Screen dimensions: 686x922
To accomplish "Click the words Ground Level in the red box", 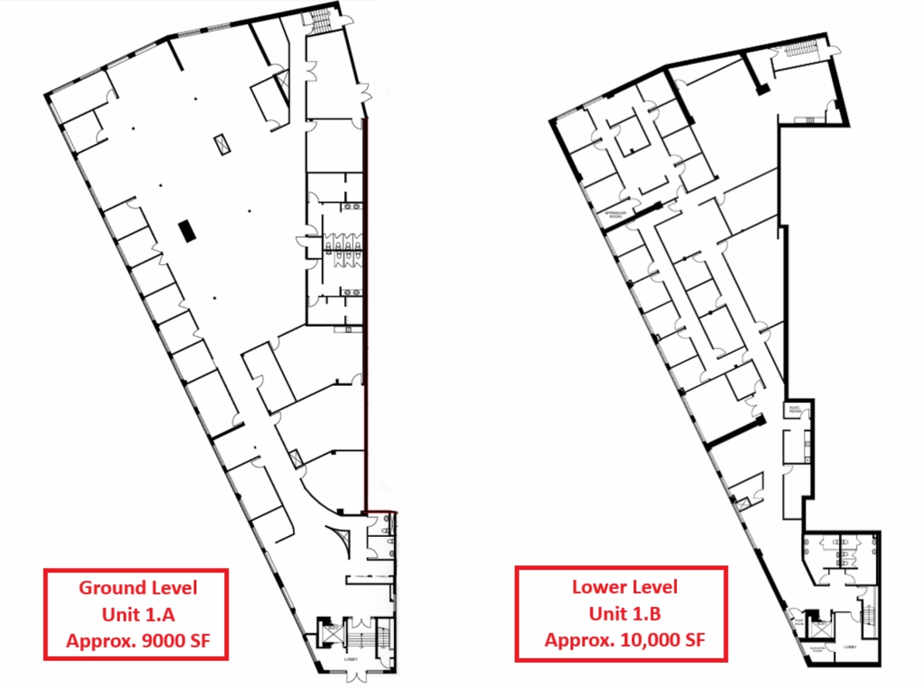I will click(138, 588).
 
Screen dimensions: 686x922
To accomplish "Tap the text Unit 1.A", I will click(138, 615).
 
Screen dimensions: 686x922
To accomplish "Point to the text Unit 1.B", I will click(625, 614).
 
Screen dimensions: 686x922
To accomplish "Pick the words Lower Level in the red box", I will click(625, 587).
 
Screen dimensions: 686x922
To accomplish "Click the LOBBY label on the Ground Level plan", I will click(350, 659).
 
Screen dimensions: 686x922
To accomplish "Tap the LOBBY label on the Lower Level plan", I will click(850, 646).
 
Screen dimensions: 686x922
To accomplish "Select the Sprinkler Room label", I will click(616, 214).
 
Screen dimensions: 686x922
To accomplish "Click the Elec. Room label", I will click(795, 409).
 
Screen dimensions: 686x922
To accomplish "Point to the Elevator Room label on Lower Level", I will click(817, 649).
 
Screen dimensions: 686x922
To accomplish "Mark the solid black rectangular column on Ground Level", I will click(187, 231).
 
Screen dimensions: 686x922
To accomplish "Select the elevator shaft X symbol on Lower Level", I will click(822, 629).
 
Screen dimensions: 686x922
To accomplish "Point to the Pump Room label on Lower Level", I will click(799, 622).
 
